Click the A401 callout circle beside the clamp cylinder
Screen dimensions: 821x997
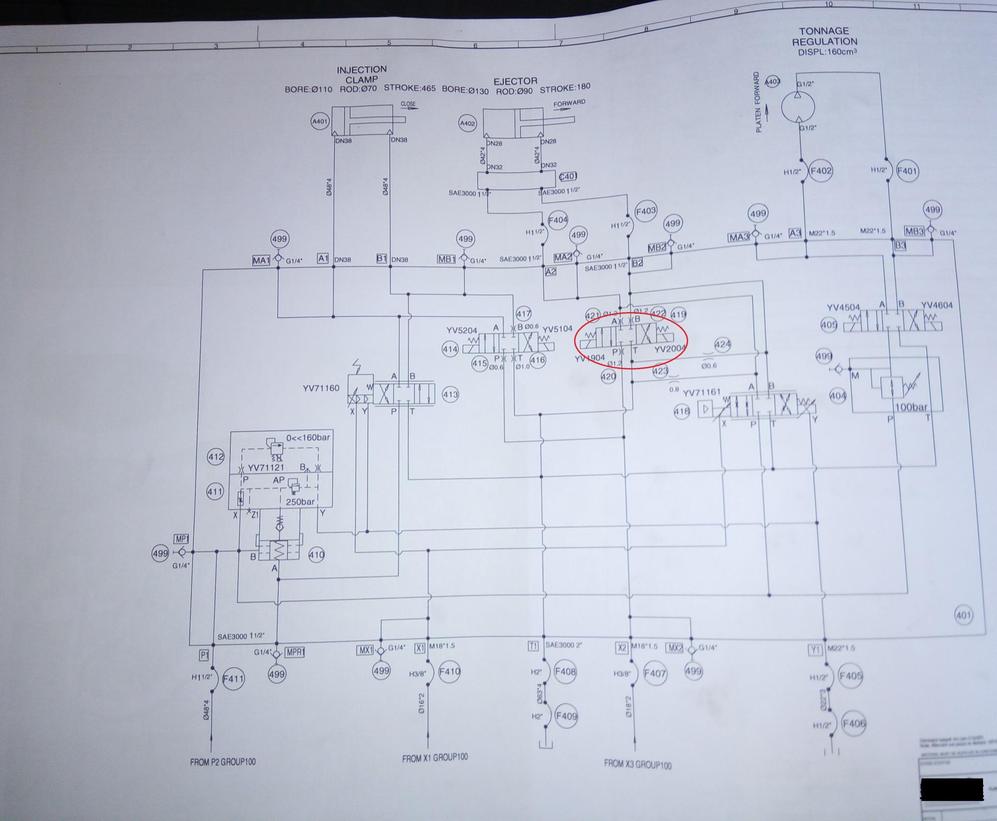(320, 121)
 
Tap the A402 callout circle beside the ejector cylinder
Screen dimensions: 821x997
(468, 123)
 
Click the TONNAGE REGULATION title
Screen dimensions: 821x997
(825, 36)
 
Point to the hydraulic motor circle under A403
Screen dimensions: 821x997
(798, 106)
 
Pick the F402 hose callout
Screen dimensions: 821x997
(821, 171)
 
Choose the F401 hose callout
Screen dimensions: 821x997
(907, 171)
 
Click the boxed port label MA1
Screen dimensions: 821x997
(261, 260)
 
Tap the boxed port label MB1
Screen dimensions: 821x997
(447, 259)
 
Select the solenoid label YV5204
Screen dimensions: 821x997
(462, 330)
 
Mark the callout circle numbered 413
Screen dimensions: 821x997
(450, 395)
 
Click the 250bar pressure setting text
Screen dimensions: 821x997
(300, 501)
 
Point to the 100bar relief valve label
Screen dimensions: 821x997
(911, 407)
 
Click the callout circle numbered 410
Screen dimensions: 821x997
(316, 554)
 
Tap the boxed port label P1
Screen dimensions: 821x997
(204, 655)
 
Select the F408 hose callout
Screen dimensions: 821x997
(565, 671)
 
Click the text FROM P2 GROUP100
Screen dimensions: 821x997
(222, 762)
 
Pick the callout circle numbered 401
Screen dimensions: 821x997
(963, 615)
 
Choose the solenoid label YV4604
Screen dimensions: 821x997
(937, 306)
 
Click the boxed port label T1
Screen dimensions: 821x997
(533, 646)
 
